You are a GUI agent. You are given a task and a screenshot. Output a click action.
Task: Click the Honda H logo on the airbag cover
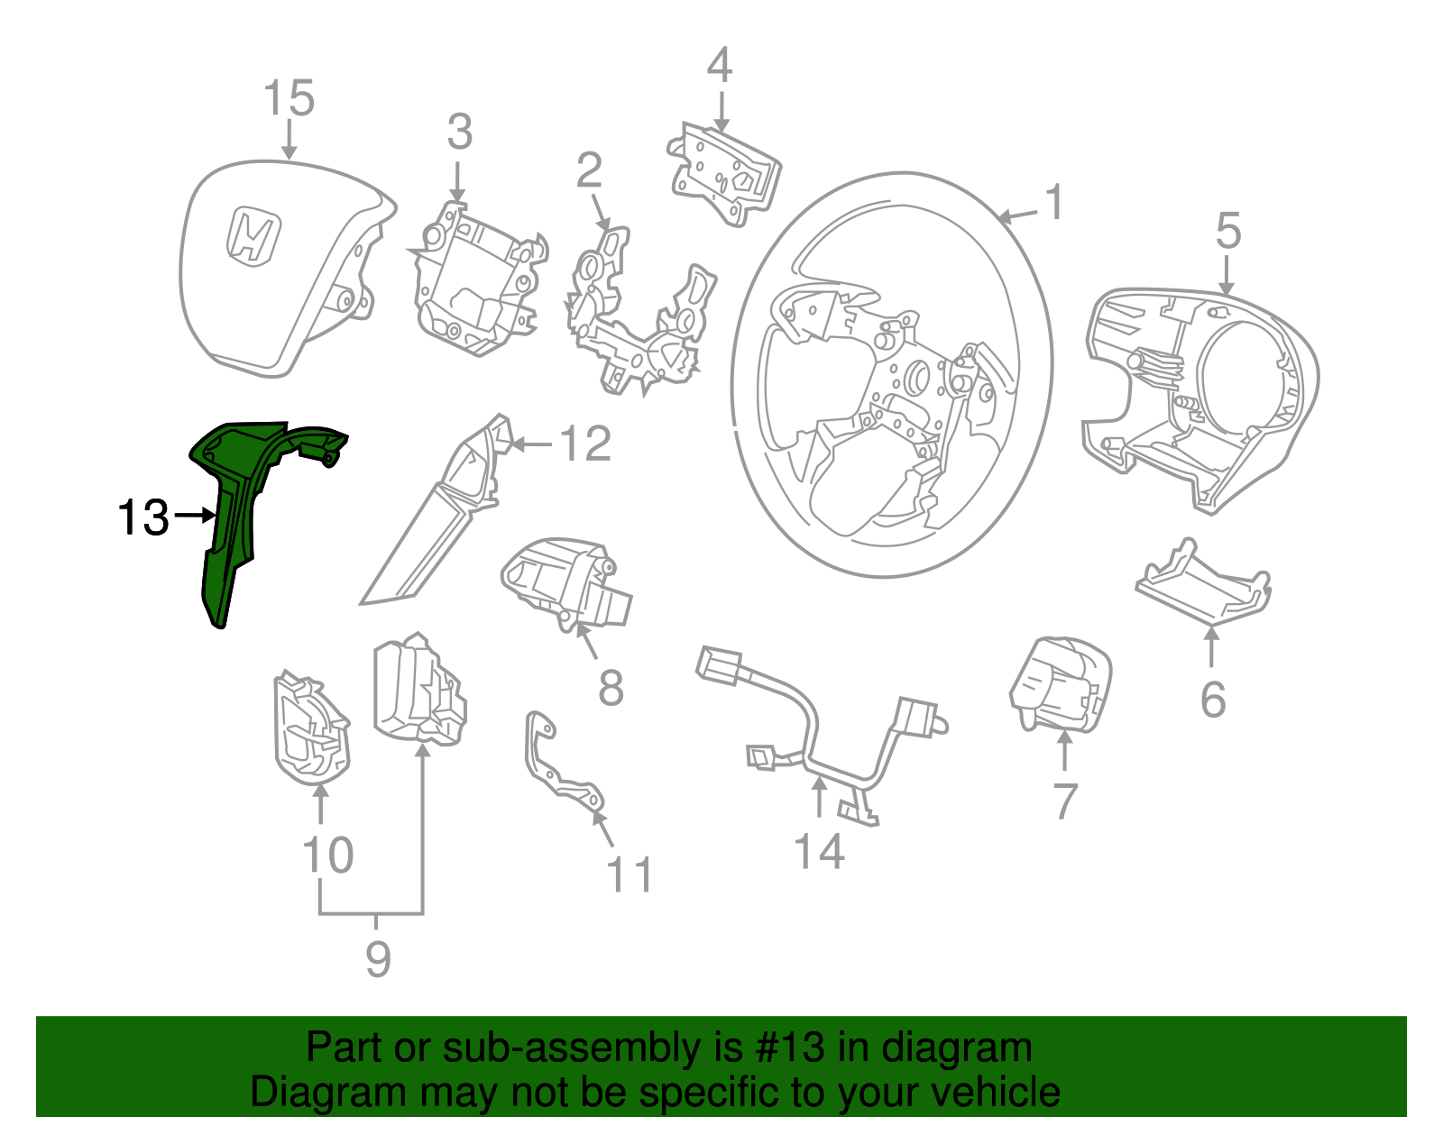[x=253, y=237]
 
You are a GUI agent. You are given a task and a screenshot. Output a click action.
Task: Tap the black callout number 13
[x=143, y=518]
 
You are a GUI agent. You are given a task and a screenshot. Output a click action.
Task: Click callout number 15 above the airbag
[x=289, y=98]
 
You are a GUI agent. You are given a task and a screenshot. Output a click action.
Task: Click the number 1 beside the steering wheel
[x=1054, y=203]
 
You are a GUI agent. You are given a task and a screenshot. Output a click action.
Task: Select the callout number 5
[x=1228, y=232]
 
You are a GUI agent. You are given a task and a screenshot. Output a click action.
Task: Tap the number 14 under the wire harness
[x=819, y=852]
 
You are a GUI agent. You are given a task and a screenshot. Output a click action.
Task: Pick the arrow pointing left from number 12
[x=532, y=444]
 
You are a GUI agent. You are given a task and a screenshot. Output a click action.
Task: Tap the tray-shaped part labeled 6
[x=1205, y=586]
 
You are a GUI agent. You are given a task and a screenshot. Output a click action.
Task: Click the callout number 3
[x=459, y=133]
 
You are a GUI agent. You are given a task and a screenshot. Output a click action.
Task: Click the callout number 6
[x=1212, y=700]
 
